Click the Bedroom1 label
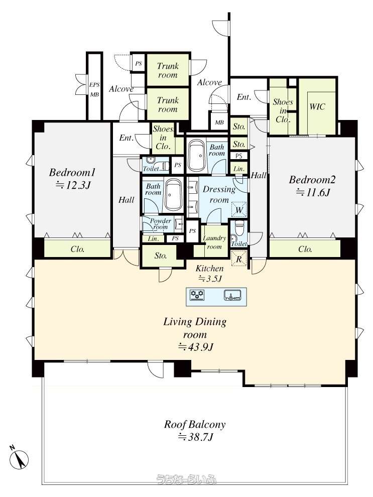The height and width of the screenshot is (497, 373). (x=72, y=173)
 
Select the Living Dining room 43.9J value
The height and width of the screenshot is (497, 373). (x=195, y=347)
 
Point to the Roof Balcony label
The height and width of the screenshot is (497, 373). (x=195, y=424)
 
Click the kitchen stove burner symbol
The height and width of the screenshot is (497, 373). (x=197, y=295)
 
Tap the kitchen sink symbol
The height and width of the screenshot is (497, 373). (x=233, y=295)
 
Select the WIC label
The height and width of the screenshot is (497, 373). (x=317, y=106)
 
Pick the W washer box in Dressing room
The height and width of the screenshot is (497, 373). (x=239, y=209)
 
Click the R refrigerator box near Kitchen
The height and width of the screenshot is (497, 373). (x=239, y=259)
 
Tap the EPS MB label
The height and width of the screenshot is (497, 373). (x=94, y=89)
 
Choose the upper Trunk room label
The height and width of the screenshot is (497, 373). (x=168, y=70)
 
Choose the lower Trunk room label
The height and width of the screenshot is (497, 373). (x=168, y=104)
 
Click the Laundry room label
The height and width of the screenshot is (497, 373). (x=214, y=242)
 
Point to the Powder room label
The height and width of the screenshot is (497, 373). (x=160, y=224)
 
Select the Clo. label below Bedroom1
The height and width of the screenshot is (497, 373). (x=77, y=249)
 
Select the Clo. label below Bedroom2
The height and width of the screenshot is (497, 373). (x=305, y=249)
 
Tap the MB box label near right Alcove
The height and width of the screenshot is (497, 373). (x=219, y=122)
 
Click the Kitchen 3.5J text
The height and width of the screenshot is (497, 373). (x=209, y=274)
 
